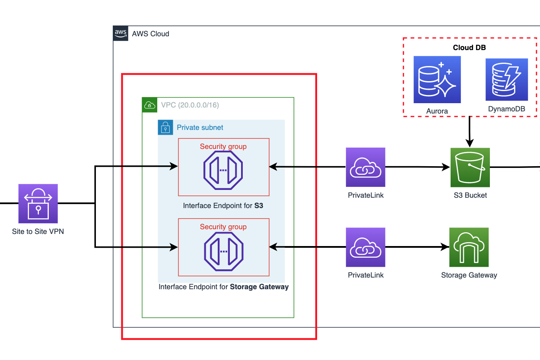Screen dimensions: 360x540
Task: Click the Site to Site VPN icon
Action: click(38, 203)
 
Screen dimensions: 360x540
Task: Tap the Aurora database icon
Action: click(437, 80)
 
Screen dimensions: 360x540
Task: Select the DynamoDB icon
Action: click(507, 80)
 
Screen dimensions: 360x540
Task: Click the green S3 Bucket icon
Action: click(470, 167)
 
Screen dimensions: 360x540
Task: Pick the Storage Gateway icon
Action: click(469, 247)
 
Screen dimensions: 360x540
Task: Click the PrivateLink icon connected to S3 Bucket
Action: click(365, 167)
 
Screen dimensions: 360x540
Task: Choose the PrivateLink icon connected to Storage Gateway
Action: click(365, 247)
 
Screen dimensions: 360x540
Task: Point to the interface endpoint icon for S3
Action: click(223, 170)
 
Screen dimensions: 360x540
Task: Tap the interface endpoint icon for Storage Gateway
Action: click(223, 251)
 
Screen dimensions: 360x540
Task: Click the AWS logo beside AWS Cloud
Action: click(121, 33)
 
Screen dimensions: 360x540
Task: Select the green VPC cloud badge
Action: click(149, 105)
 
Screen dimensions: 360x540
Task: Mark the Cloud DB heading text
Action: click(469, 47)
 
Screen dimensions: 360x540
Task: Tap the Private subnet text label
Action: click(200, 128)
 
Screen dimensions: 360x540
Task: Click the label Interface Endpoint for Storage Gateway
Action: click(223, 287)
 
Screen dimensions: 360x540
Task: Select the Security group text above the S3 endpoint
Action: click(223, 146)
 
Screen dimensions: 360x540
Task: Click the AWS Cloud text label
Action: click(150, 34)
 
